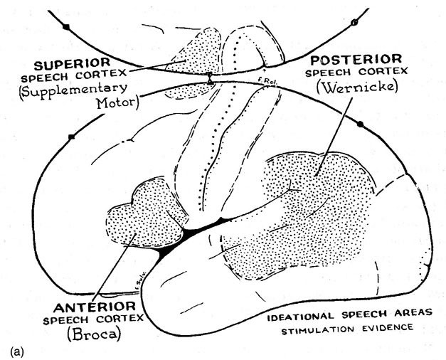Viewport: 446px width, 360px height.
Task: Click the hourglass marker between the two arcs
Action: pyautogui.click(x=210, y=79)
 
